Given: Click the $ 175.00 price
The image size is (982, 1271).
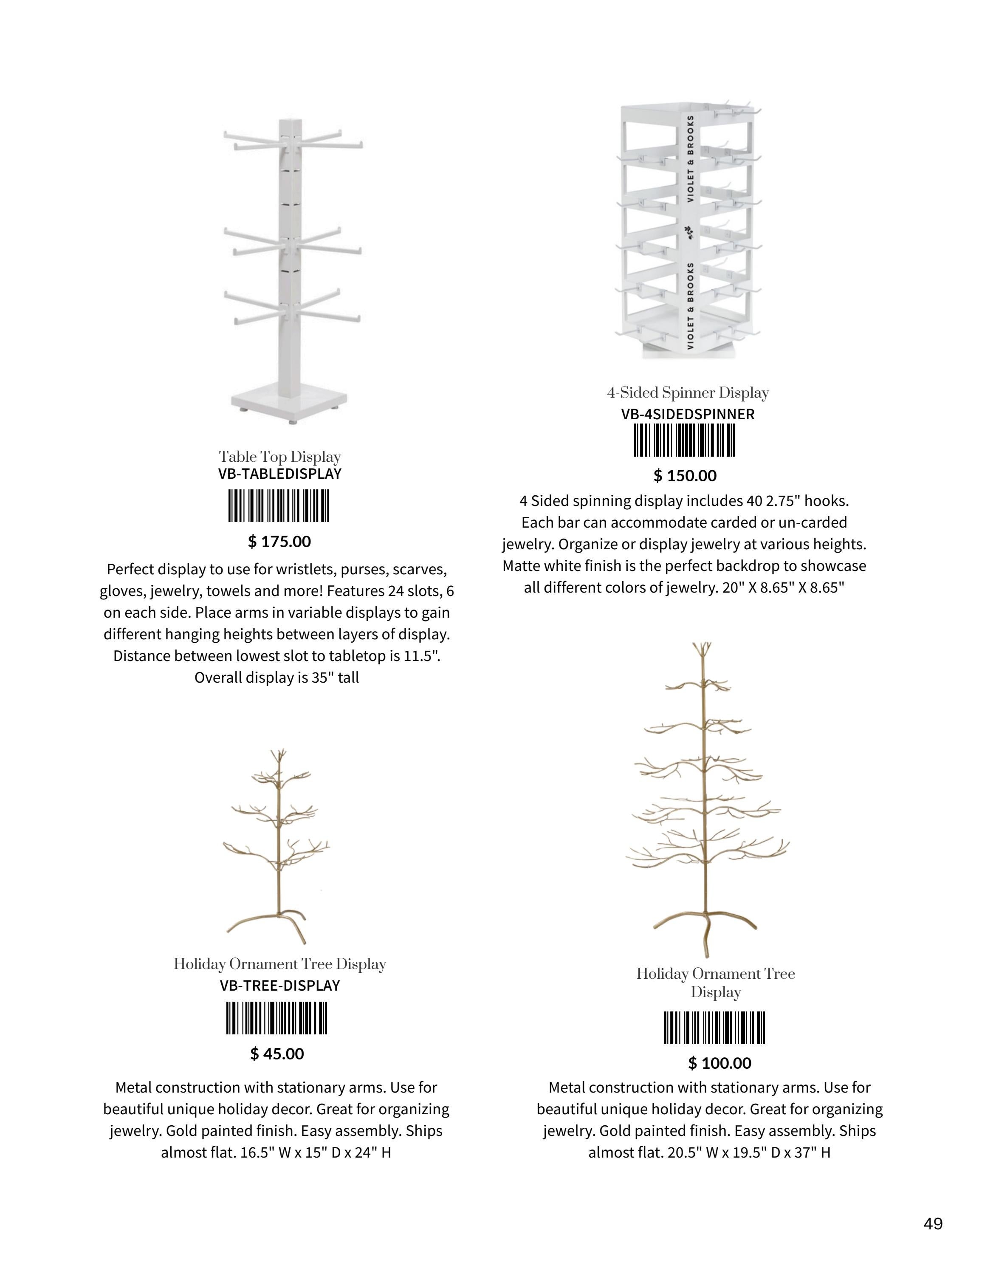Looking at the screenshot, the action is click(279, 542).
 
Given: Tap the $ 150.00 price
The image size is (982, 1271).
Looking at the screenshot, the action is click(685, 476).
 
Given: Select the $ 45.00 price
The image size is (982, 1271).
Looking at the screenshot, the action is click(277, 1054).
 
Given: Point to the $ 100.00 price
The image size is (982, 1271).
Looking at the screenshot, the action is click(720, 1063).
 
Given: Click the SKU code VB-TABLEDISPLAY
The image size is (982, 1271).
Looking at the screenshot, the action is click(280, 474).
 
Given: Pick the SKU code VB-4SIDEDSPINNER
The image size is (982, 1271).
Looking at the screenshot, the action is click(688, 414).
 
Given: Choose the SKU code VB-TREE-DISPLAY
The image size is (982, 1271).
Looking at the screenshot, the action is click(280, 986).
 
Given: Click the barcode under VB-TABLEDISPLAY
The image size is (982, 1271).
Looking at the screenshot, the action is click(279, 506).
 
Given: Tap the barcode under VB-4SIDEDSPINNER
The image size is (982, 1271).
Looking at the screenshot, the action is click(684, 441).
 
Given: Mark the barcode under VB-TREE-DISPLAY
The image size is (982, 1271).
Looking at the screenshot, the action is click(277, 1018).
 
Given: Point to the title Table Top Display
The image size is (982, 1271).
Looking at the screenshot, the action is click(280, 457).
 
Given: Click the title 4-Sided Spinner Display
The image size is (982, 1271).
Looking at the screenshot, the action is click(688, 393).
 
